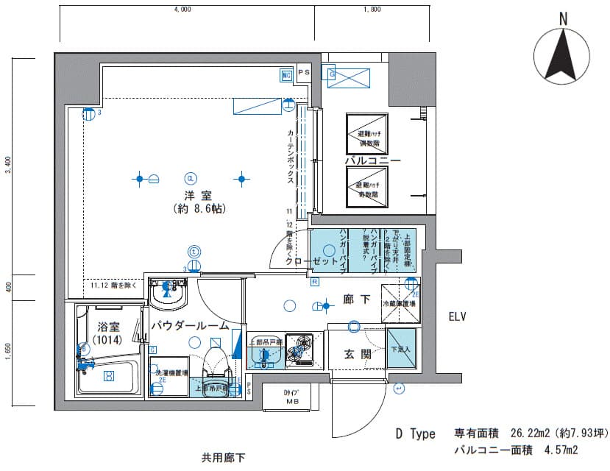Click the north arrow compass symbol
[563, 53]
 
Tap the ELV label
[461, 318]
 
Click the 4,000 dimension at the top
[182, 10]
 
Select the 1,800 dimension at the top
[372, 10]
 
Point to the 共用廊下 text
[223, 457]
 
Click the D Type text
[416, 434]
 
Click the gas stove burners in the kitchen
[299, 349]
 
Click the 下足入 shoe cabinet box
[401, 351]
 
